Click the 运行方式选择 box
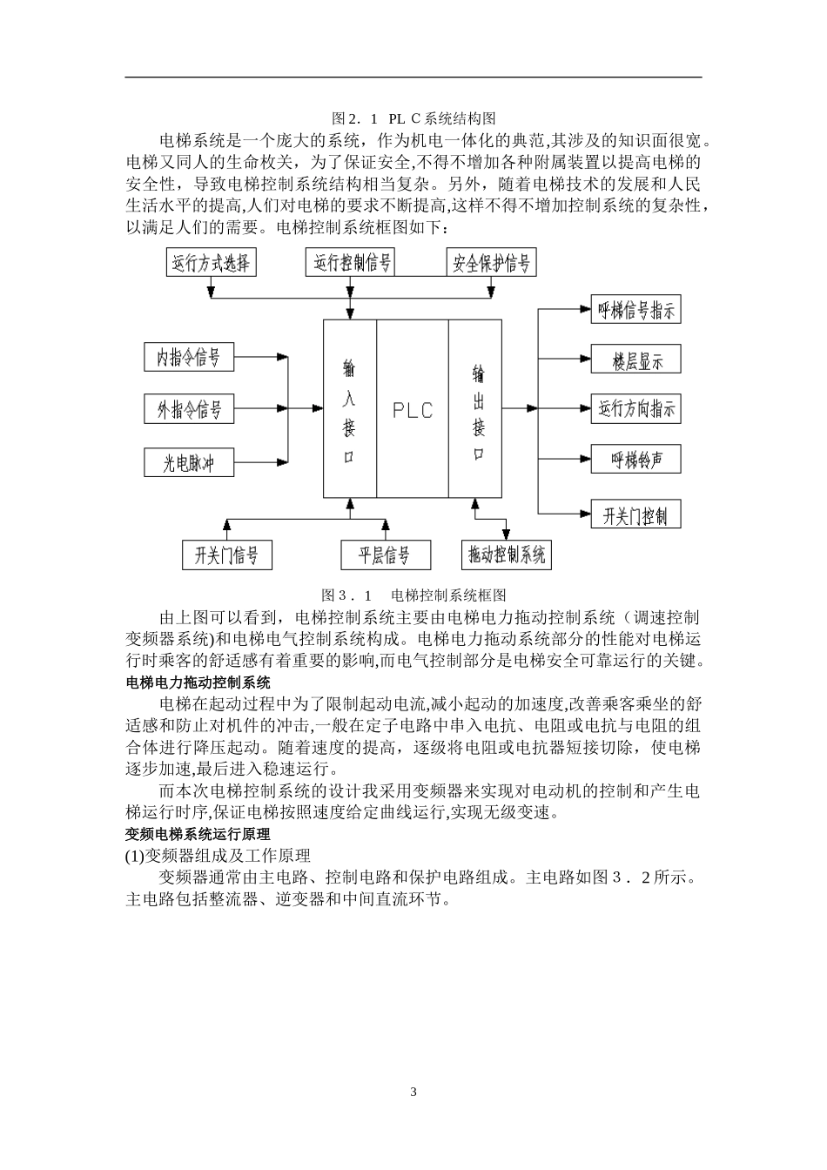pyautogui.click(x=211, y=263)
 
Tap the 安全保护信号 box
pyautogui.click(x=491, y=262)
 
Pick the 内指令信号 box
pyautogui.click(x=189, y=357)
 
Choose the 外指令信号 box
pyautogui.click(x=189, y=409)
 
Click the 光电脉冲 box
pyautogui.click(x=189, y=462)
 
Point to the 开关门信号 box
pyautogui.click(x=226, y=555)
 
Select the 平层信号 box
pyautogui.click(x=384, y=555)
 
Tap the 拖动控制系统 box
pyautogui.click(x=507, y=555)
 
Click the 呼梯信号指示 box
pyautogui.click(x=635, y=310)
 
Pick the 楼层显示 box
pyautogui.click(x=635, y=360)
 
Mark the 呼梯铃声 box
pyautogui.click(x=635, y=459)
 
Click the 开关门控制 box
pyautogui.click(x=635, y=514)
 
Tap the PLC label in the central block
pyautogui.click(x=413, y=410)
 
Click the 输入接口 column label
pyautogui.click(x=349, y=410)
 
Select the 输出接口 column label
pyautogui.click(x=478, y=410)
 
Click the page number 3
pyautogui.click(x=413, y=1092)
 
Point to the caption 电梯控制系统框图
pyautogui.click(x=448, y=596)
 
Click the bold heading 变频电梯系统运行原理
pyautogui.click(x=198, y=835)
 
